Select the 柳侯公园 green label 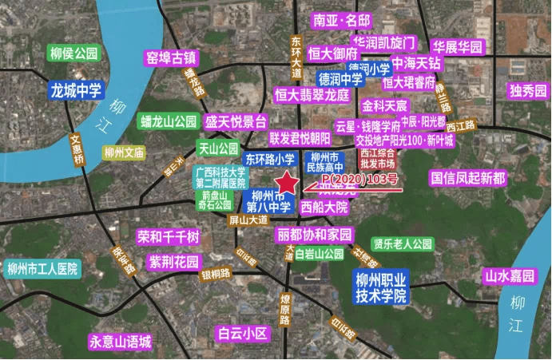73,53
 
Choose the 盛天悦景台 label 236,121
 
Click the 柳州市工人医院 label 42,268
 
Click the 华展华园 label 459,47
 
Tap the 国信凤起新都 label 467,177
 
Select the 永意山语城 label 120,342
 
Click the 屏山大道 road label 247,219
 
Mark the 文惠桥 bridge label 77,149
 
